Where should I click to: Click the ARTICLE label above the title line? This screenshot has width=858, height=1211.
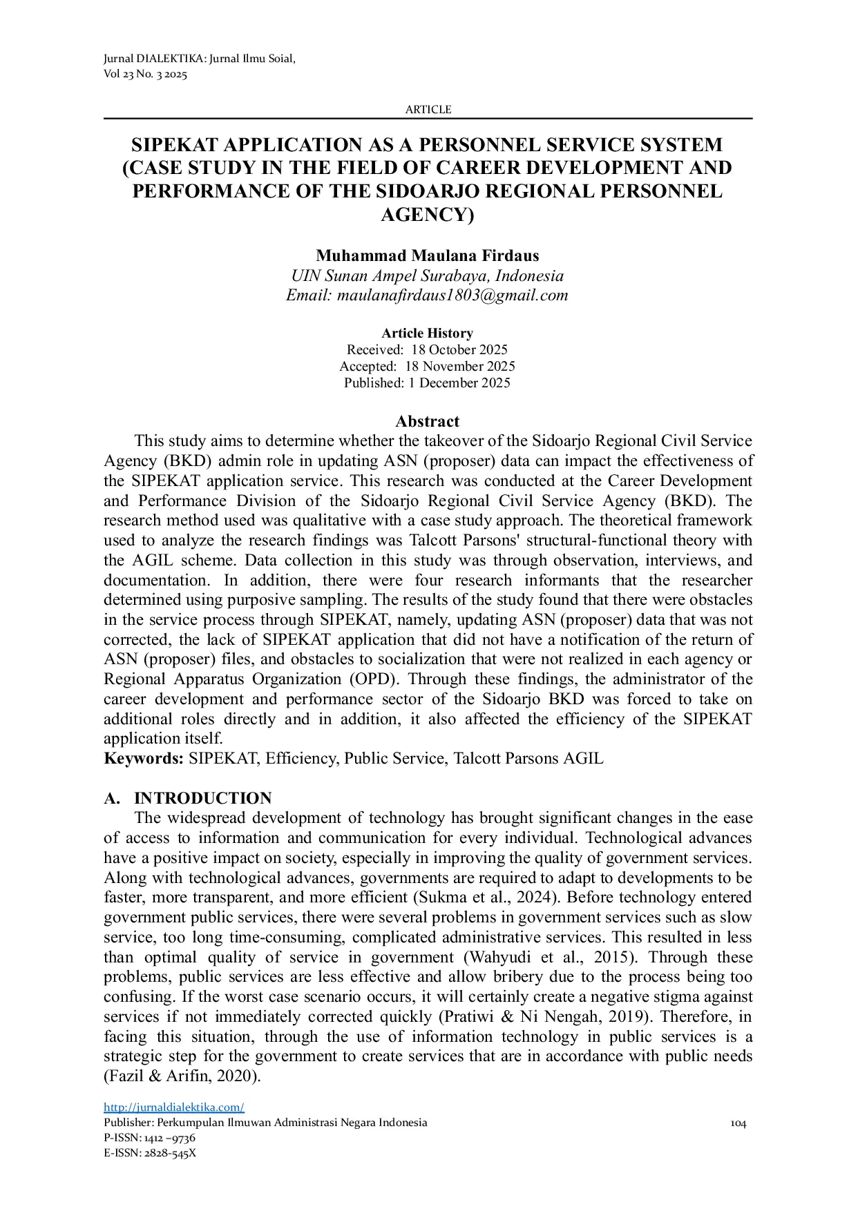(428, 110)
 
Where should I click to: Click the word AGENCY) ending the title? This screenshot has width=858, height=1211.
(428, 215)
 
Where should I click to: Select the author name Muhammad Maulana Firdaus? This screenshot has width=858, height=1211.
(428, 256)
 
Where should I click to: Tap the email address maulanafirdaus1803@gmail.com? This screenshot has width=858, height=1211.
(452, 296)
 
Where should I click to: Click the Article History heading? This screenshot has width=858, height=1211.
(428, 333)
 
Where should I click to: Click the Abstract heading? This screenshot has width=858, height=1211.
(428, 422)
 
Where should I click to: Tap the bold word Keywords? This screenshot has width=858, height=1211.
(144, 759)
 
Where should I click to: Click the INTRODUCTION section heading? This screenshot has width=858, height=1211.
(202, 799)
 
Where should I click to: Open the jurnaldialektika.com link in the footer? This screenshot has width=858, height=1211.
(174, 1107)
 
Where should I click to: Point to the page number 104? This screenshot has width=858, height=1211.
(738, 1123)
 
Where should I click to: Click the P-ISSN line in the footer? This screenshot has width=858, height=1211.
(149, 1138)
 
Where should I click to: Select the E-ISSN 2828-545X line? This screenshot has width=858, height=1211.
(150, 1153)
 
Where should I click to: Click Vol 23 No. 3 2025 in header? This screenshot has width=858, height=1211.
(145, 75)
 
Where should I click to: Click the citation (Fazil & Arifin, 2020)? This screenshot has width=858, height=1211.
(182, 1076)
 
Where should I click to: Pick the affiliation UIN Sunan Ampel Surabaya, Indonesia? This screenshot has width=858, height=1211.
(428, 276)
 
